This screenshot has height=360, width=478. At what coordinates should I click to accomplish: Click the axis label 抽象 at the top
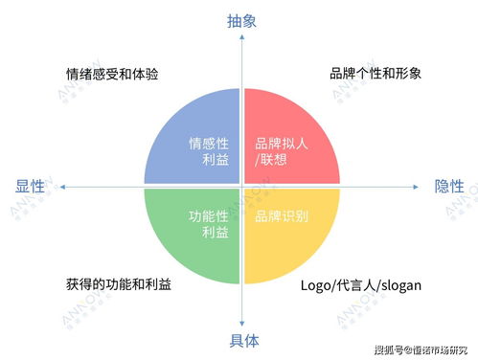(x=241, y=20)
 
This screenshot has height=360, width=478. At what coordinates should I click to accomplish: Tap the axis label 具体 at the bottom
(x=241, y=340)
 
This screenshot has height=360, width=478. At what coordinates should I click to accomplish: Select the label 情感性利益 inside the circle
(x=209, y=151)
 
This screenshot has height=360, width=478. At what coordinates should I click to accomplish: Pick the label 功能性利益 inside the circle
(x=209, y=224)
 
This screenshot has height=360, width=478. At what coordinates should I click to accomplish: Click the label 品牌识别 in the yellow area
(x=281, y=216)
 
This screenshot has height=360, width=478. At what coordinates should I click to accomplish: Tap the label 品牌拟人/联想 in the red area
(x=281, y=151)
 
